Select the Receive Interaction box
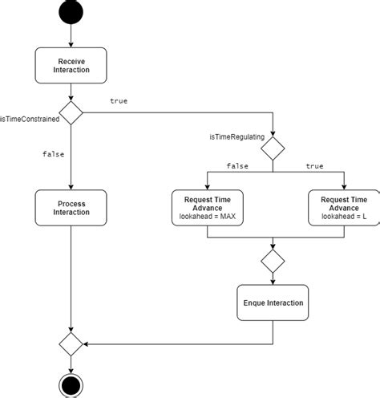click(71, 65)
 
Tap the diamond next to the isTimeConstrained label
click(71, 114)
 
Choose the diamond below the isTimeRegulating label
click(273, 148)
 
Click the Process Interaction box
click(71, 208)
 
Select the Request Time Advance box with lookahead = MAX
click(207, 208)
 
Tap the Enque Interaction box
click(273, 303)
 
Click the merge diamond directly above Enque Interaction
click(273, 261)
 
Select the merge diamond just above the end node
click(71, 344)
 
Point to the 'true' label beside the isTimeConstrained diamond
click(119, 102)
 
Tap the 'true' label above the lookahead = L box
click(314, 165)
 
